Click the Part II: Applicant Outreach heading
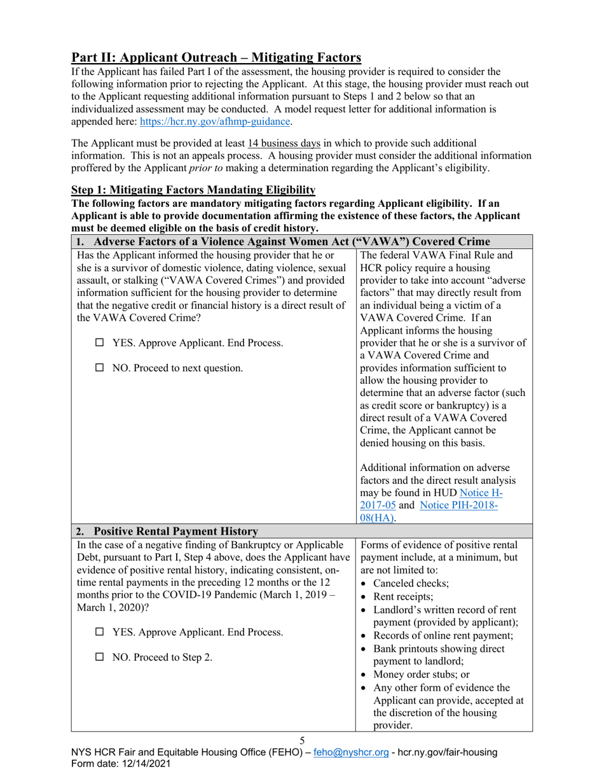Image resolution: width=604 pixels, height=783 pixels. point(216,58)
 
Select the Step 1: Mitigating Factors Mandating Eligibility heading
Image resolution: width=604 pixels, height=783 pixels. point(193,190)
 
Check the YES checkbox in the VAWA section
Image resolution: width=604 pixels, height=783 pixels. point(100,343)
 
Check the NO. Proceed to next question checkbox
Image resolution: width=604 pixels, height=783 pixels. point(100,368)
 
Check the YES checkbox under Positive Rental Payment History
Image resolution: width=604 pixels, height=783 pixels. point(100,632)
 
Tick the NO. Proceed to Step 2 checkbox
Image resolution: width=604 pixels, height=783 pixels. point(100,657)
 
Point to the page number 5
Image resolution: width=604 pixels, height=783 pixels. point(302,740)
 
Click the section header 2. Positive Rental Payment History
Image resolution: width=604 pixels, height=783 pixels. point(167,531)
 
